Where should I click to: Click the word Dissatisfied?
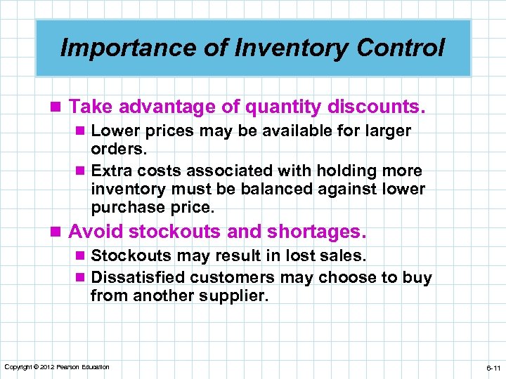click(x=138, y=277)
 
